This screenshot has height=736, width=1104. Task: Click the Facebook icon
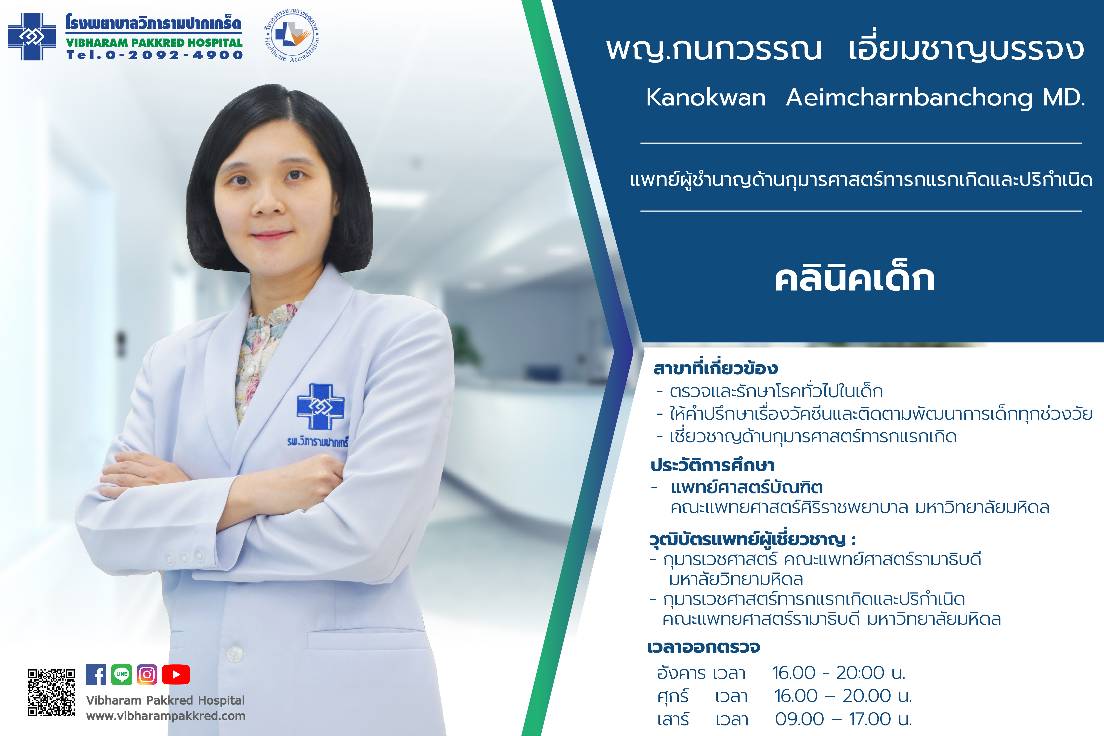96,674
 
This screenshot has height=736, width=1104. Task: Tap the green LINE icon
122,674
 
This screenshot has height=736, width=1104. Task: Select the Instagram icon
147,674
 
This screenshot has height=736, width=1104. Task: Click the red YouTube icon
176,674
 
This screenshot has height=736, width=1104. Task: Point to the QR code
51,693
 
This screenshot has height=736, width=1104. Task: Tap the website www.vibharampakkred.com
166,716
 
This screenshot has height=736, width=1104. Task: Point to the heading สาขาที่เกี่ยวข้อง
715,368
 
